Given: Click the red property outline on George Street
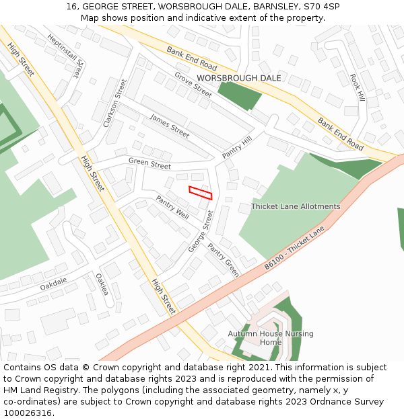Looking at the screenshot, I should [x=201, y=192].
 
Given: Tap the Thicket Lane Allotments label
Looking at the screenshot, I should [x=296, y=206].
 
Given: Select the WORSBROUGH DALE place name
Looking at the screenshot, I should [x=239, y=79].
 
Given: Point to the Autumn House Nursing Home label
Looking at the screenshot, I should [x=271, y=338].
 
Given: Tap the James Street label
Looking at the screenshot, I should [x=169, y=126].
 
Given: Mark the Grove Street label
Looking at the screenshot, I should [x=193, y=85].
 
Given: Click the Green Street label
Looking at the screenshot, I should [x=149, y=164].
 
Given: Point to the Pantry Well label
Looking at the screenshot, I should [x=172, y=207].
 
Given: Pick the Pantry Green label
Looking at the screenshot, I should [x=223, y=260].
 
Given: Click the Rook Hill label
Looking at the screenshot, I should [x=357, y=88].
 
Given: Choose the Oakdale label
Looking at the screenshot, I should [x=53, y=285].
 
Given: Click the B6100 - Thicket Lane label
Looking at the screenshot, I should [x=294, y=248].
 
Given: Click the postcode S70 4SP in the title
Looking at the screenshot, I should [x=322, y=6].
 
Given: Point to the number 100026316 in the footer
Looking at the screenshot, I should [x=28, y=413].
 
